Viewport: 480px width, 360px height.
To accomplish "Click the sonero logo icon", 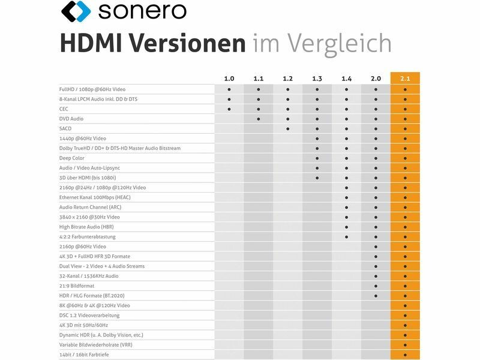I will coord(76,11).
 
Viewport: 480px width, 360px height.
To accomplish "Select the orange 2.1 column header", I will coord(405,79).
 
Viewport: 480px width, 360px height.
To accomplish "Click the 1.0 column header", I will coord(229,79).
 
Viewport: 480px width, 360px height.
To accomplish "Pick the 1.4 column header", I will coord(346,79).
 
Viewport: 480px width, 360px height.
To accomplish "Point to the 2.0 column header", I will coord(376,79).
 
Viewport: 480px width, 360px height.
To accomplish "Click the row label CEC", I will coord(64,109).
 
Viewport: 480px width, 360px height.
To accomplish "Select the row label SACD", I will coord(65,128).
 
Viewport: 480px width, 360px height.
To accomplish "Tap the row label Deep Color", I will coord(73,158).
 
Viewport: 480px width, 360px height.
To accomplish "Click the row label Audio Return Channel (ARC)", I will coord(90,207).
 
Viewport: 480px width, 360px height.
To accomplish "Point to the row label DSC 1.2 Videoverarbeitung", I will coord(89,315).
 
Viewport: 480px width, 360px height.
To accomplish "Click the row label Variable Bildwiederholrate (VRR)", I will coord(96,344).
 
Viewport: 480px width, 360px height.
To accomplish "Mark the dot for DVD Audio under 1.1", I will coord(259,119).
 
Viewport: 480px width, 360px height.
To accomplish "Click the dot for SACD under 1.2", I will coord(288,128).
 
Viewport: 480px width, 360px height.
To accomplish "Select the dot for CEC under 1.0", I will coord(229,109).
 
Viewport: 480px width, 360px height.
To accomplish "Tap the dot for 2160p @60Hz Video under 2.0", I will coord(376,247).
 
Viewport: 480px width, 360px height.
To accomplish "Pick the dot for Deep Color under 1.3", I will coord(317,158).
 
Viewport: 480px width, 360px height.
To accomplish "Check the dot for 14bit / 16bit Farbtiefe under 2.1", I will coord(405,355).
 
